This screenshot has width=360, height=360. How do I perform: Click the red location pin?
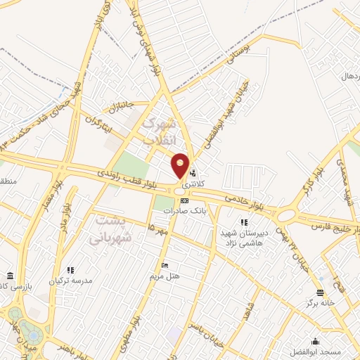(181, 165)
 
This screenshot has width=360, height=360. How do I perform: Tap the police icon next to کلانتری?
(195, 172)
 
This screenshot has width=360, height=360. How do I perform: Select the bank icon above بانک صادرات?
(185, 200)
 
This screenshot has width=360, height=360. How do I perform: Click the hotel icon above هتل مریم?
(165, 265)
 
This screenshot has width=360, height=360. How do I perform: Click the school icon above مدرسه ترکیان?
(70, 270)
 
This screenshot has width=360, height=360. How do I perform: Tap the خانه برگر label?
(321, 303)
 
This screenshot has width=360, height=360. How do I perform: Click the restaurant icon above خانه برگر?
(321, 292)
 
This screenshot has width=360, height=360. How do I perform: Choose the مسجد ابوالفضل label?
(337, 350)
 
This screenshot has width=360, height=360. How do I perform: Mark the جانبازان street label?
(120, 108)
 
